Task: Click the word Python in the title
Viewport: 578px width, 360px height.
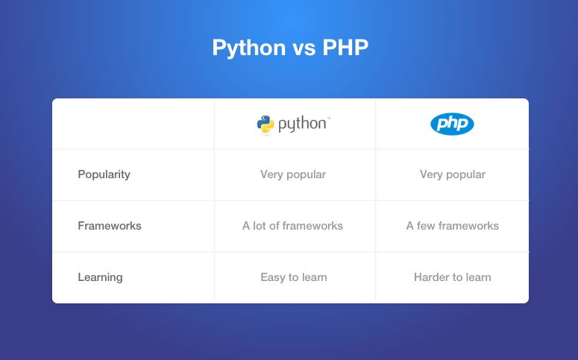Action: tap(248, 48)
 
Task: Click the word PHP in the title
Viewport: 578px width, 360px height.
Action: tap(345, 48)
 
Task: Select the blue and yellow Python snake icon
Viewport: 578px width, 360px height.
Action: tap(266, 124)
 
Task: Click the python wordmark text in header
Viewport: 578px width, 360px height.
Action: tap(303, 124)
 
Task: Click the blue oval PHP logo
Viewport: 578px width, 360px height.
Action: tap(452, 124)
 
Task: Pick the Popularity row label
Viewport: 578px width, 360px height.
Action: tap(104, 174)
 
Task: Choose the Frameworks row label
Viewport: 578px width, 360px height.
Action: tap(109, 226)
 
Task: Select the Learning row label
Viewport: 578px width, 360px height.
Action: tap(100, 277)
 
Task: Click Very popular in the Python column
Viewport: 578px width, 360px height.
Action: tap(293, 174)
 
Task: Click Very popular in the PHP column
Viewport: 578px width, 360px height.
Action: tap(453, 174)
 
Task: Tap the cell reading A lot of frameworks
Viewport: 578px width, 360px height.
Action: tap(293, 226)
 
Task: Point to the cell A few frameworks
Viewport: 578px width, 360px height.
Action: tap(453, 226)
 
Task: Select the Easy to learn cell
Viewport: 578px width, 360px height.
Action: tap(294, 277)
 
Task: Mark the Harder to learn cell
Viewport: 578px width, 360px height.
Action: tap(453, 277)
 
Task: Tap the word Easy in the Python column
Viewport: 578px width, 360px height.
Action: tap(273, 277)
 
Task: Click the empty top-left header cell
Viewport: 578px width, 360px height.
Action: tap(133, 124)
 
